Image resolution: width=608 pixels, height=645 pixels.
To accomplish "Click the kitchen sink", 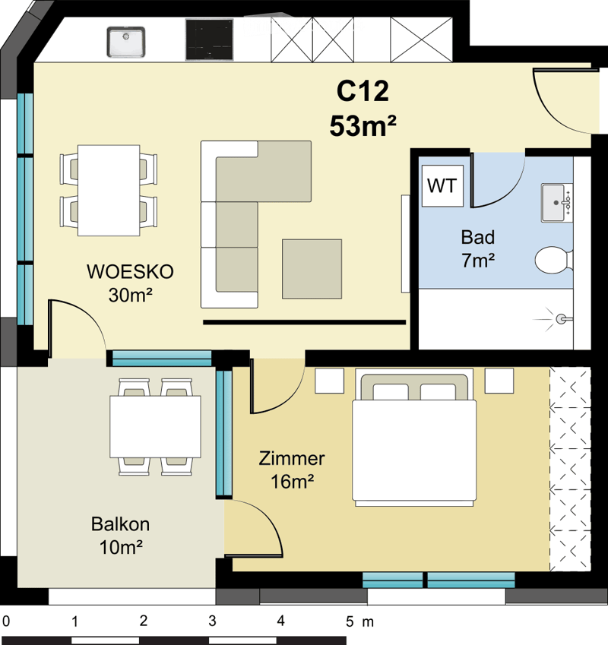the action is [x=126, y=42].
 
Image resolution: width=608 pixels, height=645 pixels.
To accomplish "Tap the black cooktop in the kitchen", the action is [x=210, y=40].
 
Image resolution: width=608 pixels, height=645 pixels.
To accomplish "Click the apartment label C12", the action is [x=363, y=91].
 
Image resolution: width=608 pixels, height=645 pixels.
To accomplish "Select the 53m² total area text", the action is [x=363, y=125].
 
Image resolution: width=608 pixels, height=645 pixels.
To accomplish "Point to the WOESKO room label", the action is [x=130, y=272].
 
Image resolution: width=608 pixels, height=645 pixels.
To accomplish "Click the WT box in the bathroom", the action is [x=442, y=185].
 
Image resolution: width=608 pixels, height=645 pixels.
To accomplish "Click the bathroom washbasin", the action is [x=556, y=203].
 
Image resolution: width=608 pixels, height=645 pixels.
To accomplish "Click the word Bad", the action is [x=477, y=237].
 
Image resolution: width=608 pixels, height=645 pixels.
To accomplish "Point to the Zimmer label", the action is [x=292, y=459].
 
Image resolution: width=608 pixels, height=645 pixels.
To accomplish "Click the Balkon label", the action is [x=120, y=524].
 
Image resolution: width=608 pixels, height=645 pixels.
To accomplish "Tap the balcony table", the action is [x=155, y=426].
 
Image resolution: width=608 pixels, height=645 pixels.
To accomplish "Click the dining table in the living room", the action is [x=109, y=190].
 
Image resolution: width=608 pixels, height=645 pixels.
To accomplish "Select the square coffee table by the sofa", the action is [x=312, y=269].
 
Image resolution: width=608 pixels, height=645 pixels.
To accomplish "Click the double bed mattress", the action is [x=414, y=450].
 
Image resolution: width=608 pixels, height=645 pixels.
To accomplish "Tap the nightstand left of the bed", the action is [x=330, y=381].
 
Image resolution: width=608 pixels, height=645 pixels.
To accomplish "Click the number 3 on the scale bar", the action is [x=212, y=621].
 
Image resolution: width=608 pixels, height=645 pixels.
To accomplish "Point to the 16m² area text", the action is [x=292, y=482].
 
